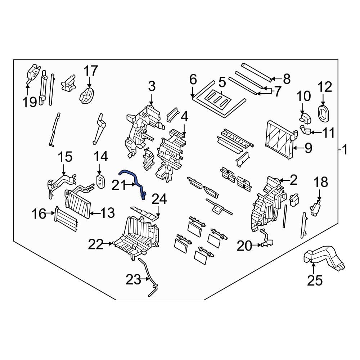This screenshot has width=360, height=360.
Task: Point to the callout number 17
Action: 91,71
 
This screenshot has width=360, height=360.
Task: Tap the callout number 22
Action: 96,244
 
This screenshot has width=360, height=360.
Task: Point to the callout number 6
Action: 193,79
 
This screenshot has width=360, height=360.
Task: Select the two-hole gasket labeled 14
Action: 100,181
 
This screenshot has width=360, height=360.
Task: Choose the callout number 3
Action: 152,86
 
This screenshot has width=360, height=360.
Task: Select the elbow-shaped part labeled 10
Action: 305,117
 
